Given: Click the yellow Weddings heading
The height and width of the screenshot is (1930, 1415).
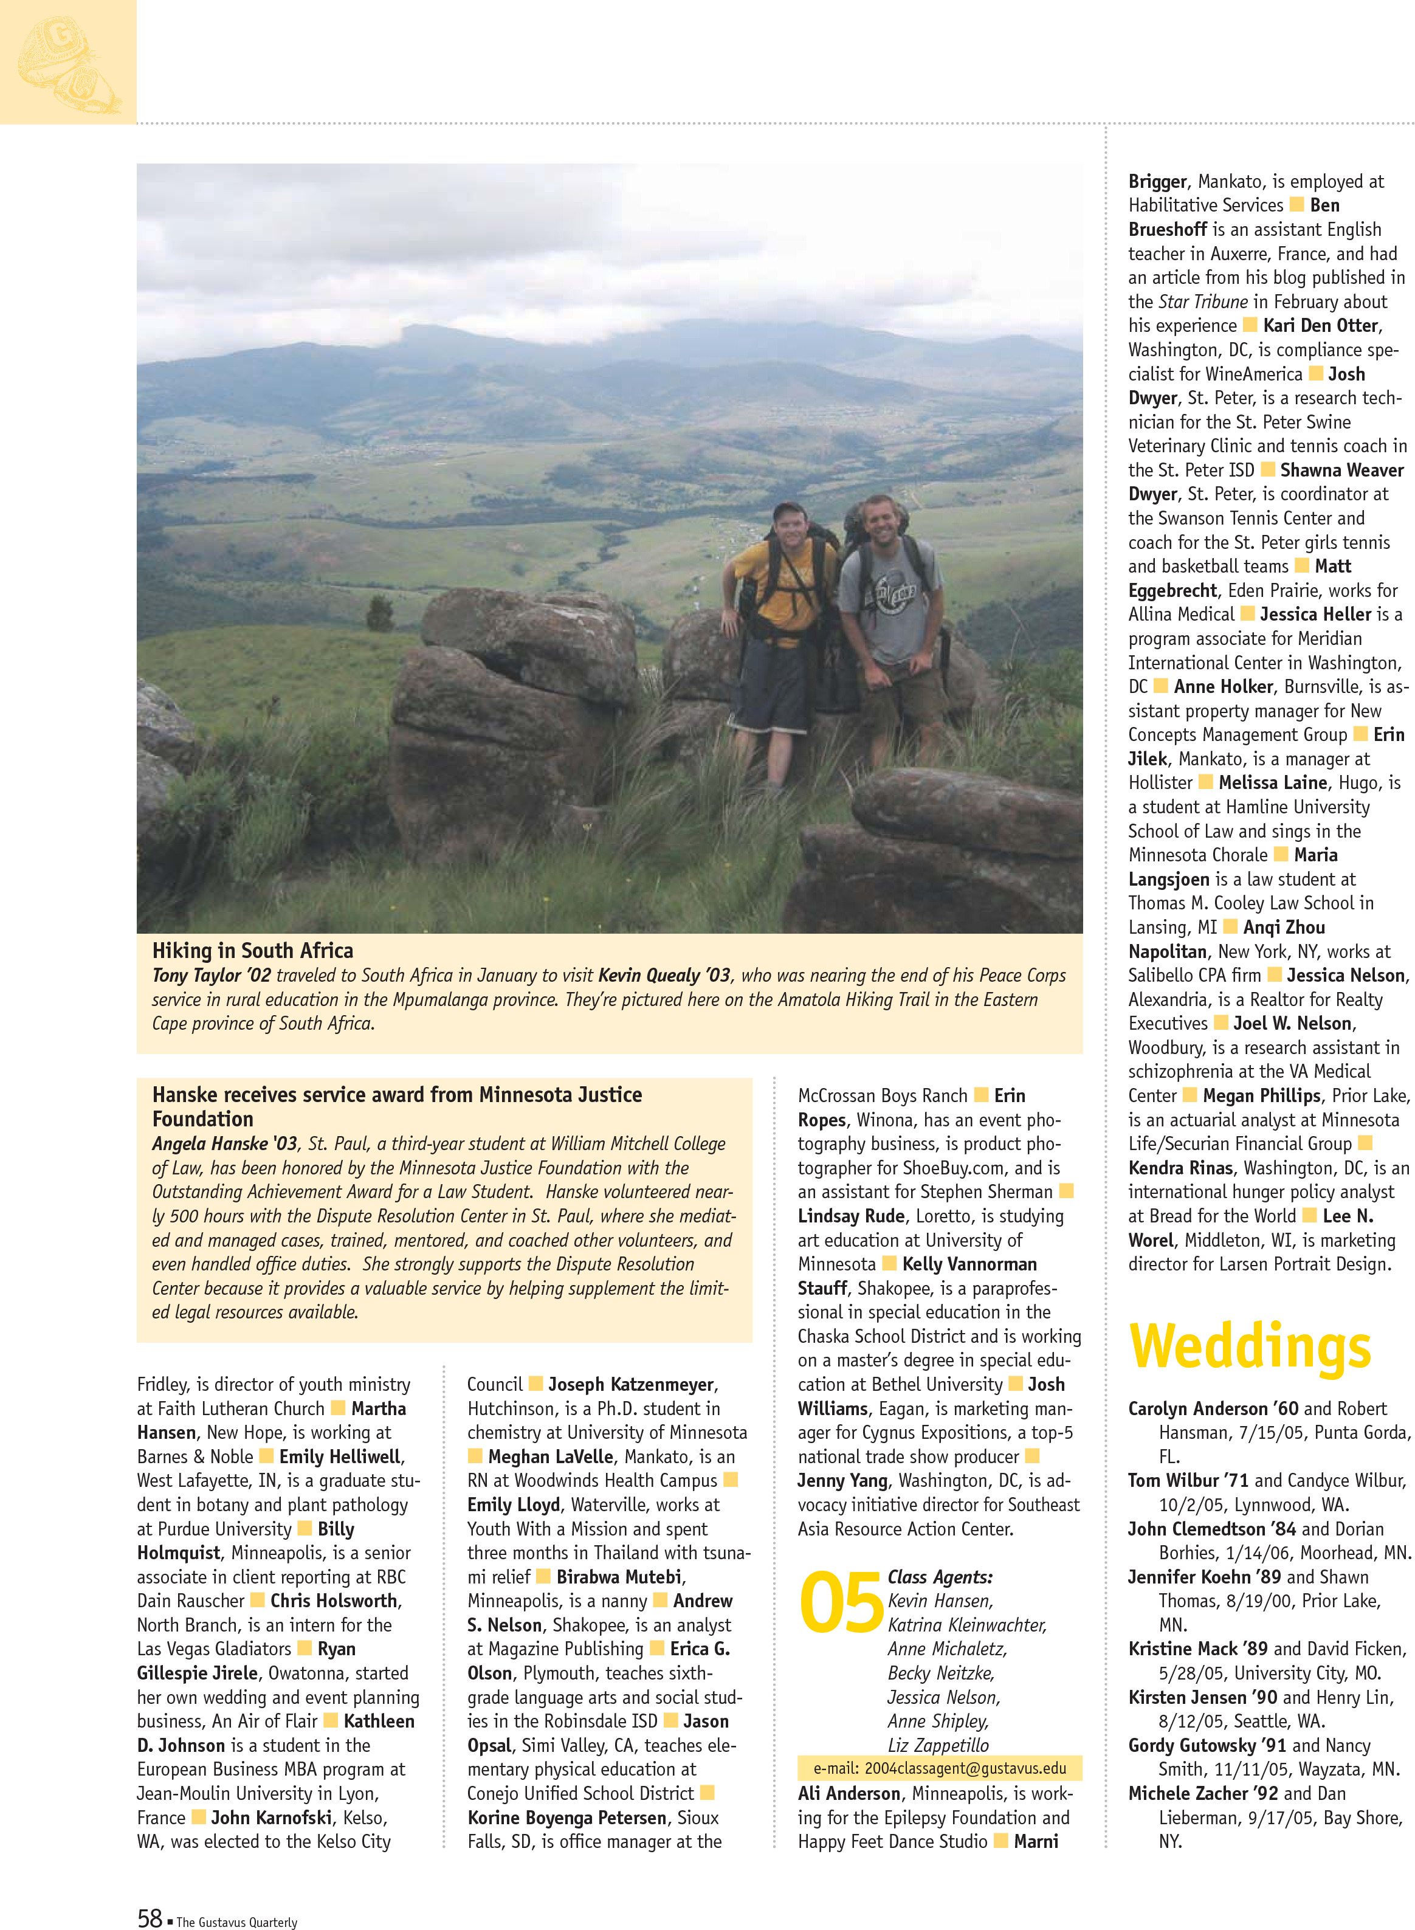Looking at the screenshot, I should tap(1250, 1348).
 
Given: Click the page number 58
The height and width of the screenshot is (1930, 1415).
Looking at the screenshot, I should tap(150, 1918).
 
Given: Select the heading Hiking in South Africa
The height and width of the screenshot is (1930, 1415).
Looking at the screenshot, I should tap(253, 950).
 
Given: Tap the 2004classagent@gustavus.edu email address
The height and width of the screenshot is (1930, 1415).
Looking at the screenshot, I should tap(965, 1768).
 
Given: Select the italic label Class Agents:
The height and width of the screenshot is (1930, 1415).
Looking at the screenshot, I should tap(940, 1577).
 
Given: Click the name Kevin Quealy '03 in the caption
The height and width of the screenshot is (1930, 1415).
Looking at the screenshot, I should tap(664, 975).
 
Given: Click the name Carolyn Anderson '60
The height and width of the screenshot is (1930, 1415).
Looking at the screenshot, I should tap(1213, 1408).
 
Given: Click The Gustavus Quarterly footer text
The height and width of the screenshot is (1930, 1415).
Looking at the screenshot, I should tap(236, 1922).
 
